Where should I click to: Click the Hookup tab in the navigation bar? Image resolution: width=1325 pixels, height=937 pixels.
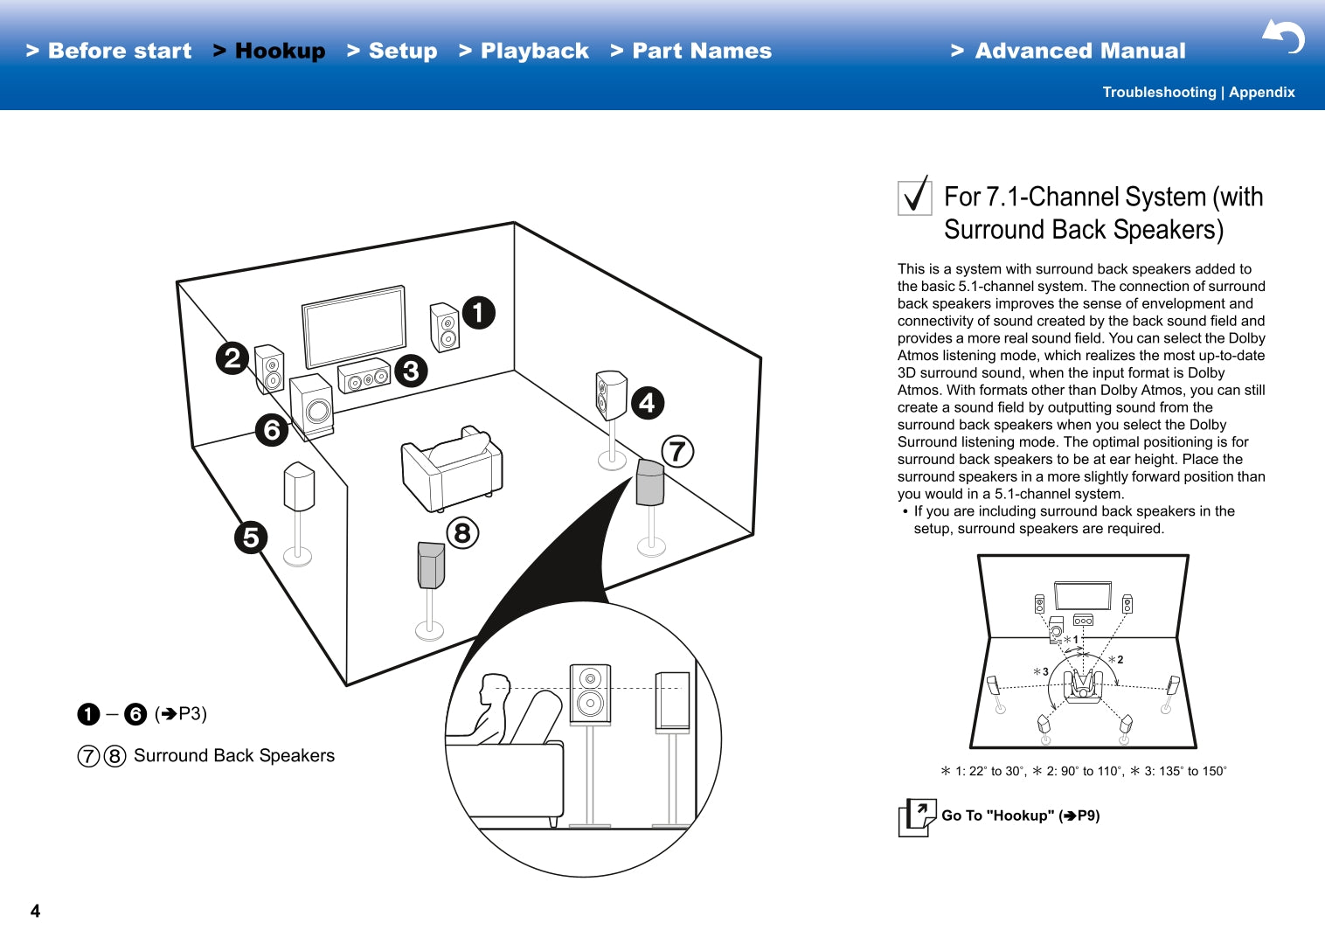pos(279,51)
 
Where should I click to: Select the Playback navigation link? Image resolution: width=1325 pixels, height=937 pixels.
pos(534,51)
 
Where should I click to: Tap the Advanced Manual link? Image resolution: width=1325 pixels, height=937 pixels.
pos(1079,51)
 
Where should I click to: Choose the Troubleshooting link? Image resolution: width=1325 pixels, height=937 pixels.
pos(1159,92)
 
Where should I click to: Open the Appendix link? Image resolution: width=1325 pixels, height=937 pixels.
pos(1262,92)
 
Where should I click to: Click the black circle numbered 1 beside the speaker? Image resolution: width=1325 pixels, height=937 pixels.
pos(478,312)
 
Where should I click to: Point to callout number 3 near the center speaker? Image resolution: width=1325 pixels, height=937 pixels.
pos(411,371)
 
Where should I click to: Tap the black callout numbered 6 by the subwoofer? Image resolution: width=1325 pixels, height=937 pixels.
pos(272,429)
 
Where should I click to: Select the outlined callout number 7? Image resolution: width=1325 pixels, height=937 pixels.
pos(677,451)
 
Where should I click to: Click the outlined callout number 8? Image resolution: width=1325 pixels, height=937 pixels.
pos(462,532)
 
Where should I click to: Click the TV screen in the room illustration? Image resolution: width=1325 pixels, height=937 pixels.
pos(354,326)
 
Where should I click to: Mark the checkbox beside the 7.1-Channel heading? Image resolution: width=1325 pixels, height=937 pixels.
pos(915,197)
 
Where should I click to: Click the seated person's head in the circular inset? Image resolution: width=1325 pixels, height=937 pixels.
pos(495,687)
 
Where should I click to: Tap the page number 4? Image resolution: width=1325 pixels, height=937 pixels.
pos(35,911)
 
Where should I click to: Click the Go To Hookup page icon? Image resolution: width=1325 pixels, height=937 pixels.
pos(917,817)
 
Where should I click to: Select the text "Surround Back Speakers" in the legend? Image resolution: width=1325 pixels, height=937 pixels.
pos(234,755)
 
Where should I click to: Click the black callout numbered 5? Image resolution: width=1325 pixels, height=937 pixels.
pos(251,537)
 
